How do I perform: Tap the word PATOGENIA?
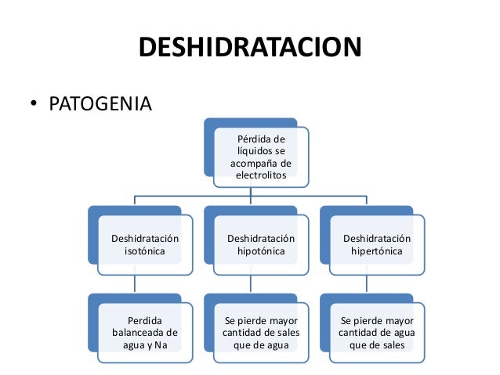tap(100, 104)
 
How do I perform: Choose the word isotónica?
tap(145, 251)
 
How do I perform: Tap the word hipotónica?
tap(261, 251)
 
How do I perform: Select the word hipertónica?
tap(377, 251)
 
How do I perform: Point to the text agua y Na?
tap(145, 344)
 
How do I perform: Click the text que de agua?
tap(261, 344)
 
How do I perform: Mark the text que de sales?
tap(377, 344)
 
